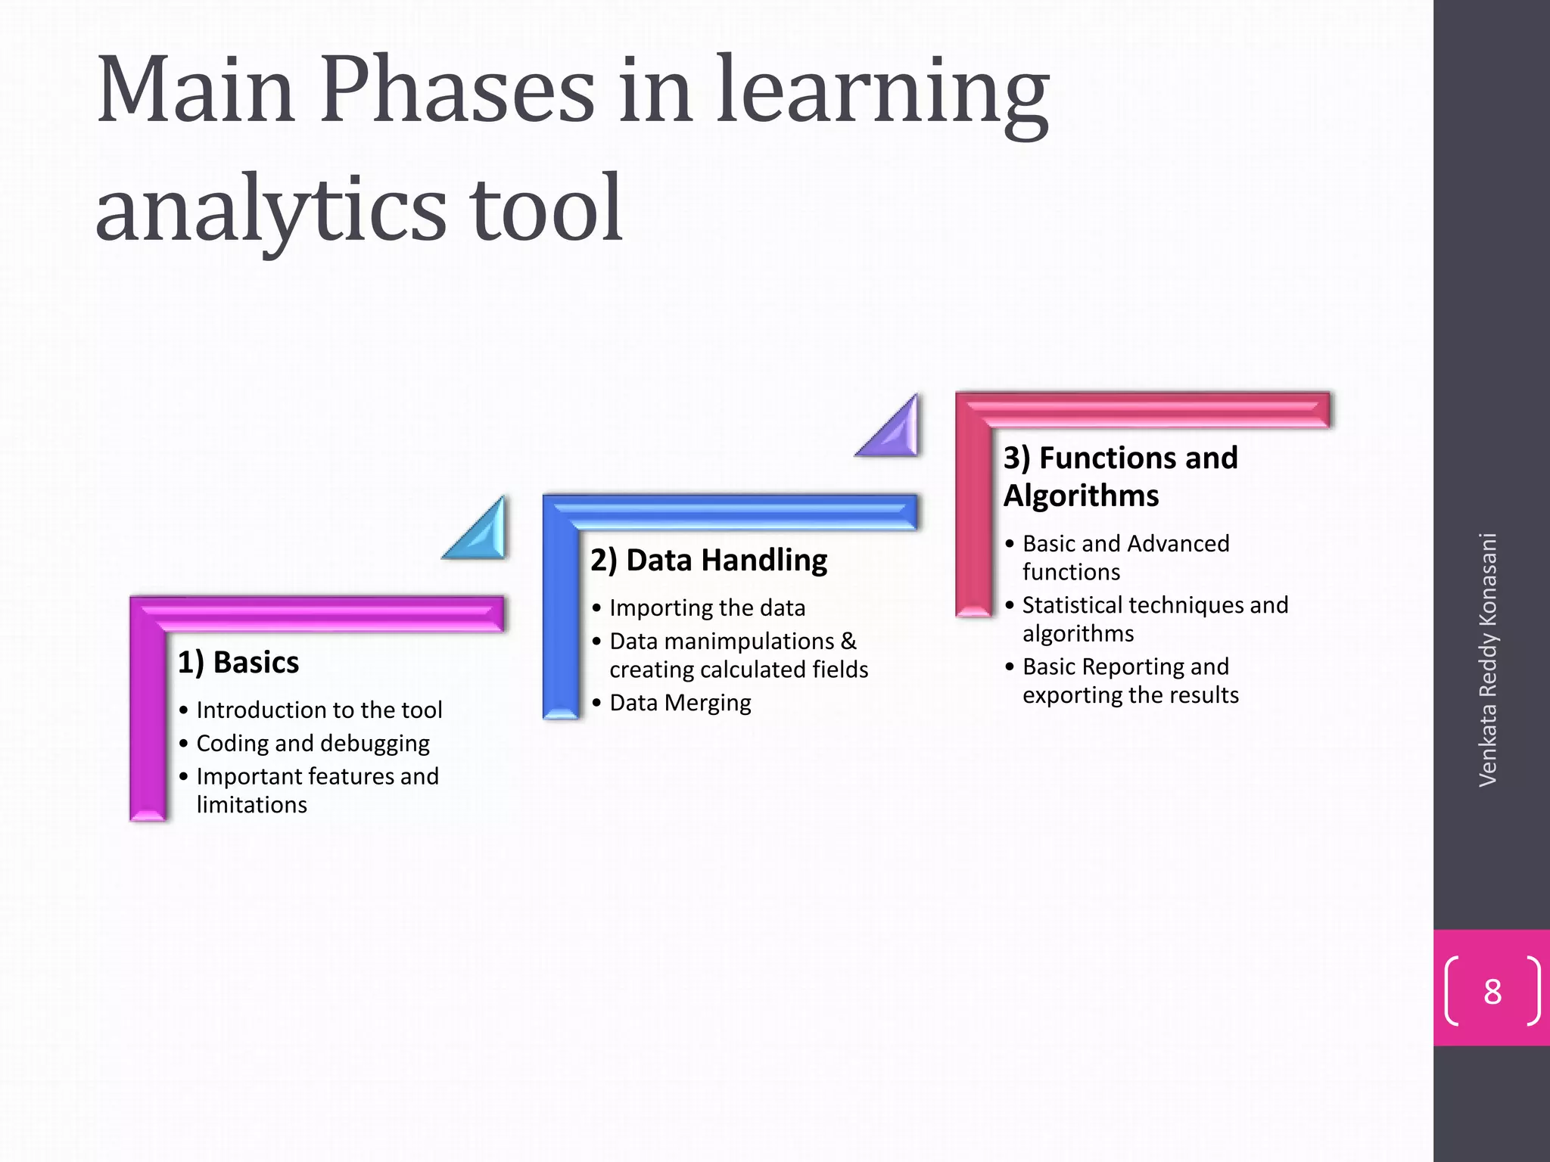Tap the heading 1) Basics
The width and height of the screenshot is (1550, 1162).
coord(238,662)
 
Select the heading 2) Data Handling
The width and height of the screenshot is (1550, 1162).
coord(708,560)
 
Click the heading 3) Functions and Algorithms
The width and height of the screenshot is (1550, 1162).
coord(1120,477)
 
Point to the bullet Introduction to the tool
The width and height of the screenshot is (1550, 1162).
coord(319,710)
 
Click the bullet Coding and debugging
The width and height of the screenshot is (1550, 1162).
coord(313,743)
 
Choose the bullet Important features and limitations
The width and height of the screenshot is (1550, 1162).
coord(317,790)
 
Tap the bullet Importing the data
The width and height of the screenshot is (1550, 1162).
coord(707,607)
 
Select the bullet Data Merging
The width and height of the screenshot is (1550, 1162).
coord(680,703)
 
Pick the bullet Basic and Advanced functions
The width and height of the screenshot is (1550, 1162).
coord(1125,558)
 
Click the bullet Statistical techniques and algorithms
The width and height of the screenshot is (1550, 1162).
coord(1154,619)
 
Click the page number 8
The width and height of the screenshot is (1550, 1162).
coord(1492,991)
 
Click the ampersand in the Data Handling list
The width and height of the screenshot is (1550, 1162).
coord(848,641)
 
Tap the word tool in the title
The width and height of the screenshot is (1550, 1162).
coord(546,209)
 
